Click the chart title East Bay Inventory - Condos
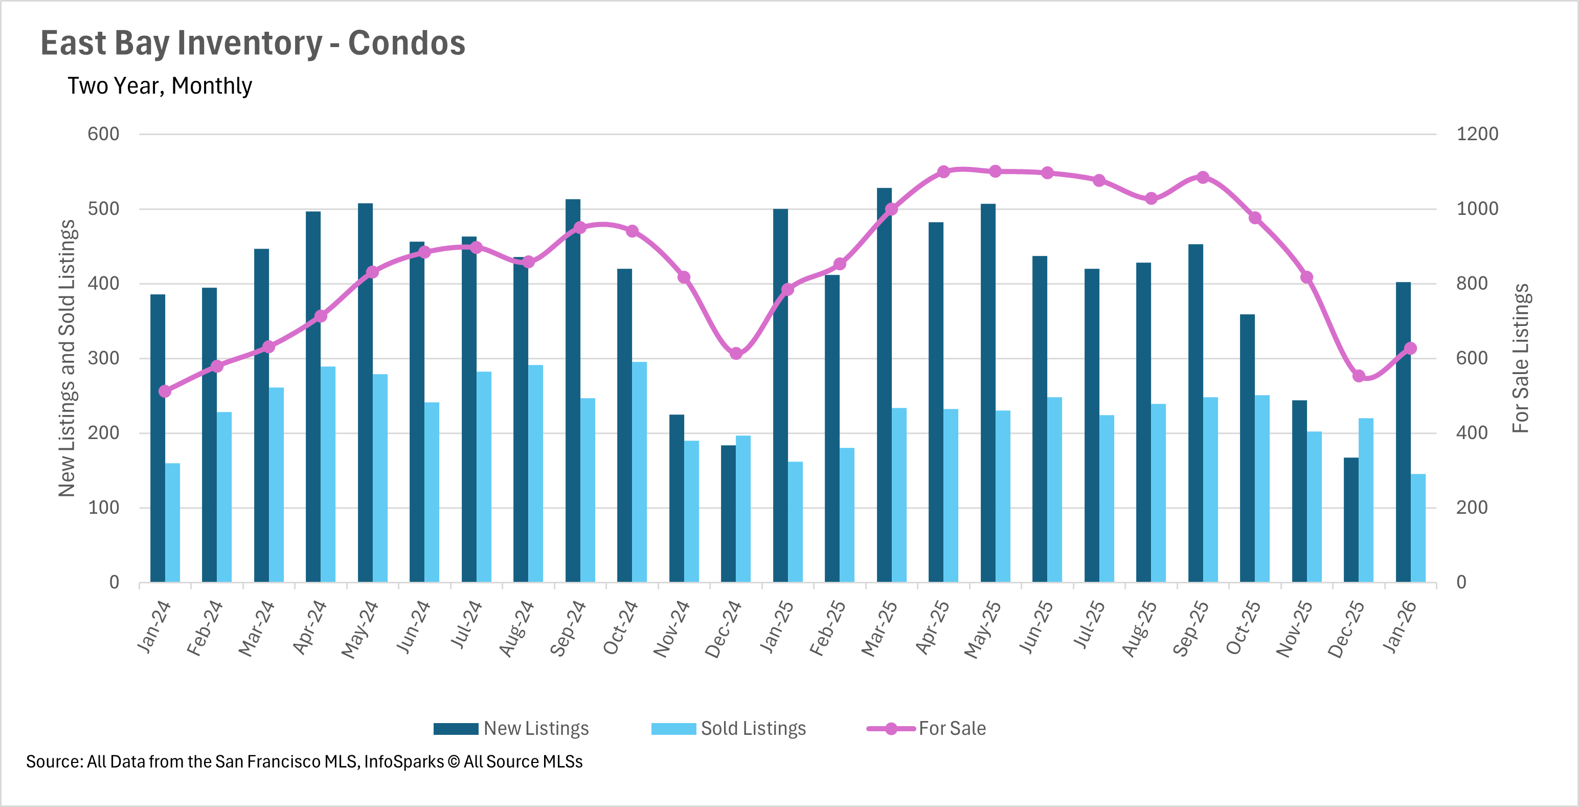tap(253, 43)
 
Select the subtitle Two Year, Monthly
tap(160, 86)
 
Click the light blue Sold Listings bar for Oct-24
tap(639, 472)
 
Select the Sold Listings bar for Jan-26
tap(1418, 528)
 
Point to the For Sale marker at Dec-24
tap(736, 353)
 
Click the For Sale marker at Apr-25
tap(943, 172)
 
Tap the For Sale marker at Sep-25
tap(1203, 177)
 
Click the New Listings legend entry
tap(511, 729)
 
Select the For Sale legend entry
tap(927, 729)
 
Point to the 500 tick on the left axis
tap(104, 209)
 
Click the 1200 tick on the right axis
tap(1477, 134)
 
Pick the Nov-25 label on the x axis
tap(1295, 628)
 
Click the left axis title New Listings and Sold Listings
tap(67, 358)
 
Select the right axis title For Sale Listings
tap(1520, 358)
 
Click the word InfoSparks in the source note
tap(404, 761)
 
